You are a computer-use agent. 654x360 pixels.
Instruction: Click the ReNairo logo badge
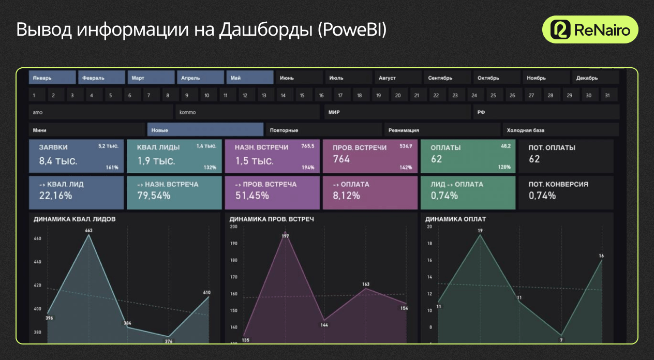590,29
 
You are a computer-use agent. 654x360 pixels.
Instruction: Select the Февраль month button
101,78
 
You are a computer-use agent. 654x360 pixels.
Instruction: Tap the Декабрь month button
595,78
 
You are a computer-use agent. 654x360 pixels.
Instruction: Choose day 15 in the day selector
302,96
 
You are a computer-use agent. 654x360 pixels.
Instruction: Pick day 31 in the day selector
607,96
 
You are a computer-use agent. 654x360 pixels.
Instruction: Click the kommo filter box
247,112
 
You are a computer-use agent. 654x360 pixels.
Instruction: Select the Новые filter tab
205,130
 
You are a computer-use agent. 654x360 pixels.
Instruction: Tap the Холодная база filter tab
560,130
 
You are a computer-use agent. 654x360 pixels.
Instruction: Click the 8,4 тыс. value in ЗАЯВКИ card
58,161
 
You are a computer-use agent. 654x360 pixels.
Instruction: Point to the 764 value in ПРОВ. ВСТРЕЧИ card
341,159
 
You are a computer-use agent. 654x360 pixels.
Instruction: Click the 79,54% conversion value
154,196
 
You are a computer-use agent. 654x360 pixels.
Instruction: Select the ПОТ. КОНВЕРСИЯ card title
558,184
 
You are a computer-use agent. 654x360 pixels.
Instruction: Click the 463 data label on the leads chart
89,230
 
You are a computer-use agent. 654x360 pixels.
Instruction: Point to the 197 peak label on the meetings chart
285,236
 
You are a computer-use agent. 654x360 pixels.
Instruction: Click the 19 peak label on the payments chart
480,231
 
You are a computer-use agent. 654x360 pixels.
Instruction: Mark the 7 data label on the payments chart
561,340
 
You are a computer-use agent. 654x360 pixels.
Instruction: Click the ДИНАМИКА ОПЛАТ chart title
456,219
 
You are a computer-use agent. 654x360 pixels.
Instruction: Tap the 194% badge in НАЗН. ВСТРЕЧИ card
308,168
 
